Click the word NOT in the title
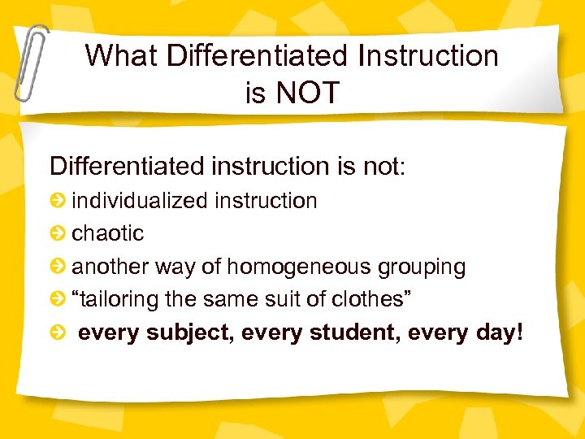click(x=306, y=93)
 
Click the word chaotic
click(x=108, y=233)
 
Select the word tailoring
click(x=115, y=299)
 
